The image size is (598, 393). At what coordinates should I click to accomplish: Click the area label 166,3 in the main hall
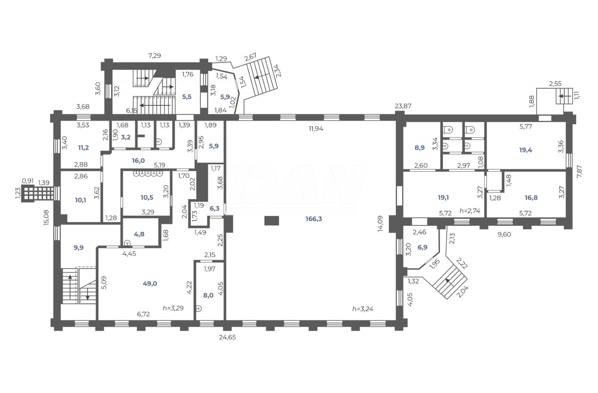click(313, 219)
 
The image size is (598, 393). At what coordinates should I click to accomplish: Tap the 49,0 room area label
click(150, 284)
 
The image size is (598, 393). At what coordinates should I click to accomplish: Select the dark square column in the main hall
click(271, 221)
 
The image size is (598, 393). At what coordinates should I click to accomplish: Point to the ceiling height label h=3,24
click(363, 308)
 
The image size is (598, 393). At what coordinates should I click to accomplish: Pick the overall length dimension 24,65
click(227, 337)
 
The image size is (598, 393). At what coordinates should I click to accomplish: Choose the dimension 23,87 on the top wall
click(403, 106)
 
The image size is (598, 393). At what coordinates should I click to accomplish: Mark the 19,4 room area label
click(525, 150)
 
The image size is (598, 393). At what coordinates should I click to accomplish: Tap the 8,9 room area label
click(419, 147)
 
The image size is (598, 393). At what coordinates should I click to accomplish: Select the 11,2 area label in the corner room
click(83, 148)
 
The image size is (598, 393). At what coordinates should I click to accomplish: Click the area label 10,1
click(81, 200)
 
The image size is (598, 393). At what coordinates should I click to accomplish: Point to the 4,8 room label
click(139, 234)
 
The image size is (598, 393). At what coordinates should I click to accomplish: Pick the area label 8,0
click(208, 295)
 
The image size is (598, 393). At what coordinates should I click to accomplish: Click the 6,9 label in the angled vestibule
click(422, 247)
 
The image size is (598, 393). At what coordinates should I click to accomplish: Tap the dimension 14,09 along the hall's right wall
click(381, 224)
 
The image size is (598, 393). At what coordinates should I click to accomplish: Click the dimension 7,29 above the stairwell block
click(154, 56)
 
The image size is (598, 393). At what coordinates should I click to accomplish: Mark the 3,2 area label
click(126, 137)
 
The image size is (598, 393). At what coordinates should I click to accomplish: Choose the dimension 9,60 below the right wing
click(504, 235)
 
